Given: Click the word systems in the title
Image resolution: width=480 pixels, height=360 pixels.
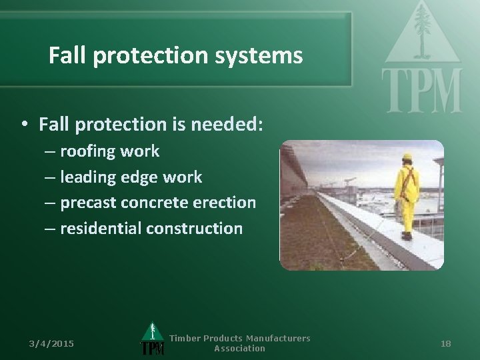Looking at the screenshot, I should point(267,56).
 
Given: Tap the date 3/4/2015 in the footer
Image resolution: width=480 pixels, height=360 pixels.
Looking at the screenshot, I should point(51,343).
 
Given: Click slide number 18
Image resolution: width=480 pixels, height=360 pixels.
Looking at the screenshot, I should point(446,343).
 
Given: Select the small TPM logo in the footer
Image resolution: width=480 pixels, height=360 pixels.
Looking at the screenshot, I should point(153,340).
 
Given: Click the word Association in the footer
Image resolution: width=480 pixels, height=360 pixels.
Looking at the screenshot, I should point(239,349).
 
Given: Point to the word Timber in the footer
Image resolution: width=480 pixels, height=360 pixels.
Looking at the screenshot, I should point(185,339).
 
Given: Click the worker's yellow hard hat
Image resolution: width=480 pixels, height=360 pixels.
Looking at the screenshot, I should point(407,157).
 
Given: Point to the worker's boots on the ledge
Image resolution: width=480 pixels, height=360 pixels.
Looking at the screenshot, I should point(406,235).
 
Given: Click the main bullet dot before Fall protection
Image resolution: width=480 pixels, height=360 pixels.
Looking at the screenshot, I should point(24,125).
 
